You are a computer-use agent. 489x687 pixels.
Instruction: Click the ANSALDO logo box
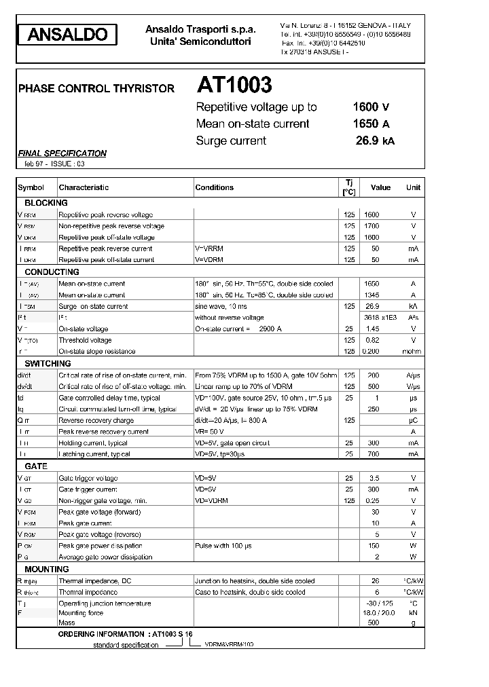[67, 35]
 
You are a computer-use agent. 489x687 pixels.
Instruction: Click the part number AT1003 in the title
[234, 85]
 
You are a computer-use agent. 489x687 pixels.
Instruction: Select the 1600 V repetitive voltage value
[371, 107]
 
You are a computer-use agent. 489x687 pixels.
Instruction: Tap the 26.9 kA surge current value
[374, 141]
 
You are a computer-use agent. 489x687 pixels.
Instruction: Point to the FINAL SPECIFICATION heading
[62, 153]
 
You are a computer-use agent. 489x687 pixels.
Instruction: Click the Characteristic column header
[84, 187]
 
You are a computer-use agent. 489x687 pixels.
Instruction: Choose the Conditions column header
[214, 187]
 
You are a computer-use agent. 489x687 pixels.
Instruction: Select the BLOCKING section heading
[46, 203]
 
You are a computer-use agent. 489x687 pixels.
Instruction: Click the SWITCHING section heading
[48, 364]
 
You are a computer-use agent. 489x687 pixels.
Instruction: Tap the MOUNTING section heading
[47, 570]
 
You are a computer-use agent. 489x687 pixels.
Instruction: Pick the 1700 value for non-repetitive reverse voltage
[372, 226]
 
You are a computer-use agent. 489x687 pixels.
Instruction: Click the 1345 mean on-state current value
[372, 295]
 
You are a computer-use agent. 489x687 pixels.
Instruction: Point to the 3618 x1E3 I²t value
[380, 318]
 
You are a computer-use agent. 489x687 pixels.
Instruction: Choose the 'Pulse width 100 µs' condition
[223, 546]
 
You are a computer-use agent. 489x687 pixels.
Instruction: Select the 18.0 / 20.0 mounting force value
[380, 613]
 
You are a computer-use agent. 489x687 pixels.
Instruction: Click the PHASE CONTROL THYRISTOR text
[96, 88]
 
